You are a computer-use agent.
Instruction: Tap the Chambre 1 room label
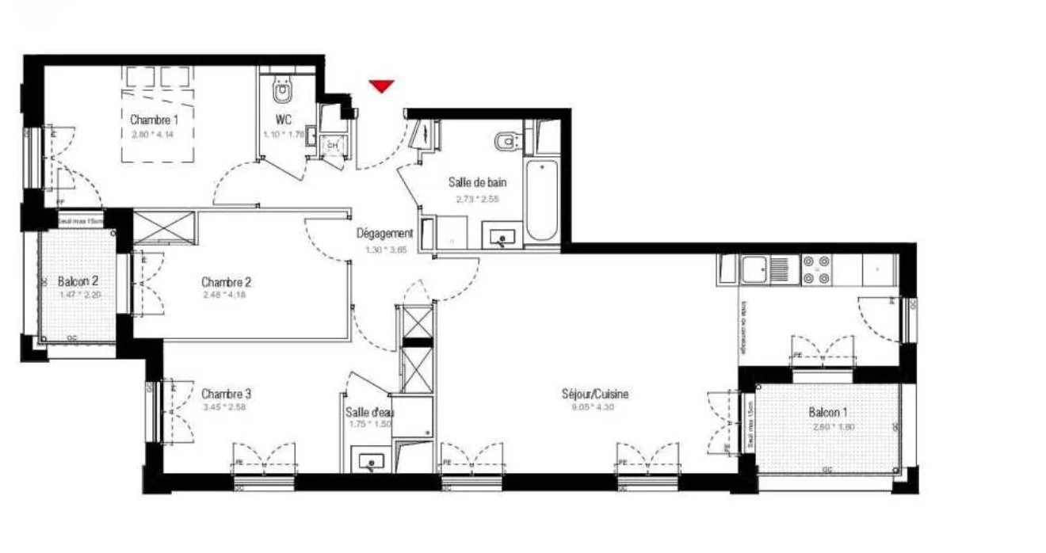click(x=154, y=120)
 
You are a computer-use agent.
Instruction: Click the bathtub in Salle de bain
click(x=542, y=199)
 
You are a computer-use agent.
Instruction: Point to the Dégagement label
click(x=384, y=234)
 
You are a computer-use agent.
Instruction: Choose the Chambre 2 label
click(x=226, y=282)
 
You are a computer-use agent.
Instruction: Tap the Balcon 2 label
click(x=78, y=282)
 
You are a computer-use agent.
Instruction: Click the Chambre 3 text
click(x=226, y=394)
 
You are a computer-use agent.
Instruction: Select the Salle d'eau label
click(x=370, y=412)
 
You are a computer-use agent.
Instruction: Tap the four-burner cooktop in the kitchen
click(x=816, y=269)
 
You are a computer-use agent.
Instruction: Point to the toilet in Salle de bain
click(x=505, y=140)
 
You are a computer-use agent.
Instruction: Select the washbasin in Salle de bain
click(x=502, y=235)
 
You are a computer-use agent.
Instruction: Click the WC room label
click(x=283, y=120)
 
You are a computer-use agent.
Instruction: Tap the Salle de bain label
click(x=478, y=183)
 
